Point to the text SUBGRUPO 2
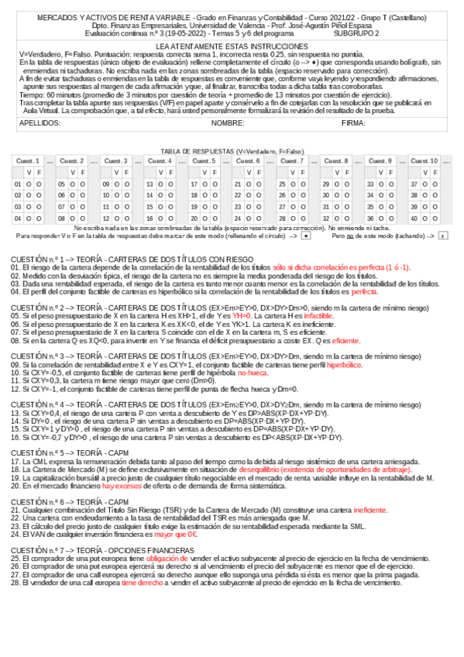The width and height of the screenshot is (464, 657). tap(357, 34)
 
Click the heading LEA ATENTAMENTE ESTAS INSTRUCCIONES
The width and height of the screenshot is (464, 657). tap(231, 47)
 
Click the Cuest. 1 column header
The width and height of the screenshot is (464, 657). tap(28, 160)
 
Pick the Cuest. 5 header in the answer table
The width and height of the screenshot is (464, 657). tap(204, 160)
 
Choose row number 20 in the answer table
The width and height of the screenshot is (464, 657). tap(194, 218)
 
